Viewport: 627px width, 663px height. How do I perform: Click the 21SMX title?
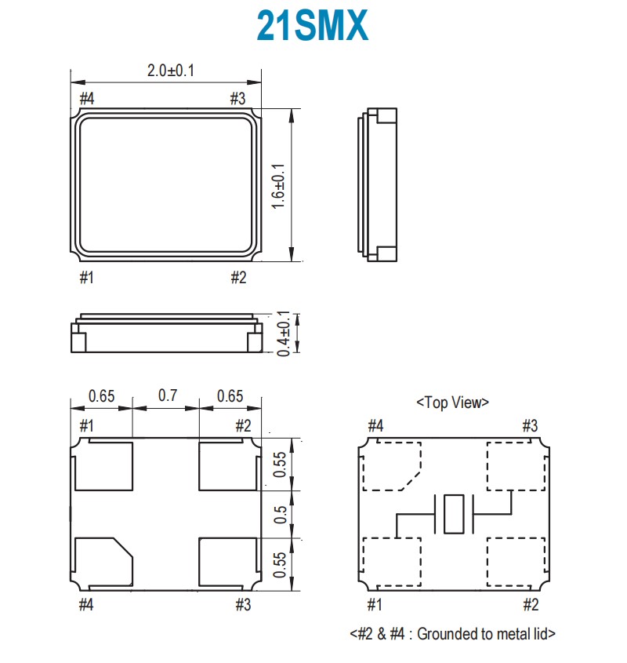[312, 26]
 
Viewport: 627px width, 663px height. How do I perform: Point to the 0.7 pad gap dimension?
[167, 395]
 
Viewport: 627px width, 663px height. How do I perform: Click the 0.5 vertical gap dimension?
[280, 514]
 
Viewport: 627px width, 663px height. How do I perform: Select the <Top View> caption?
[452, 403]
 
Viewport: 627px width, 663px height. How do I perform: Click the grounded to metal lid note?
[452, 634]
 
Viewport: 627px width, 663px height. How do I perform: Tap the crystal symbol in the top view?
[454, 515]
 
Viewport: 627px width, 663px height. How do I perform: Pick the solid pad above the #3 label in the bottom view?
[229, 560]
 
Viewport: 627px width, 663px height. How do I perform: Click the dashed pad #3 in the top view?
[514, 466]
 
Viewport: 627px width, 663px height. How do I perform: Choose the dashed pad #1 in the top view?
[393, 560]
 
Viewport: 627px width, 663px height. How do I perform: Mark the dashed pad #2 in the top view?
[514, 560]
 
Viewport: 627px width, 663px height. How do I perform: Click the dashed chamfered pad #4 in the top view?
[391, 466]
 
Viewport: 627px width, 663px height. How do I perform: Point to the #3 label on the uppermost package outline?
[237, 99]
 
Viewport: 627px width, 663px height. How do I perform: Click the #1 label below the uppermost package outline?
[86, 277]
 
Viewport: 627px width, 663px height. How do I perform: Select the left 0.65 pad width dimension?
[102, 395]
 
